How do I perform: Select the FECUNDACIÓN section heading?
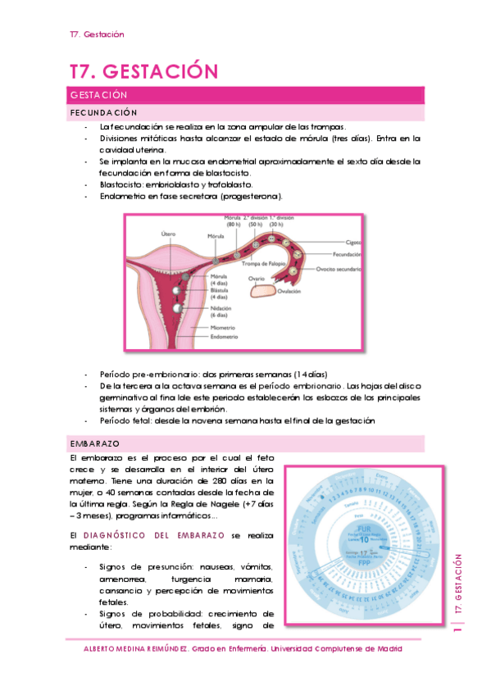pos(102,112)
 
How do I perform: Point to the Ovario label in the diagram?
pos(257,279)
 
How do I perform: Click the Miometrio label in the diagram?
pos(224,326)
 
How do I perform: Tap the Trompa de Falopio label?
pos(266,263)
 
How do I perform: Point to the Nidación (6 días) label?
pos(219,311)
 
